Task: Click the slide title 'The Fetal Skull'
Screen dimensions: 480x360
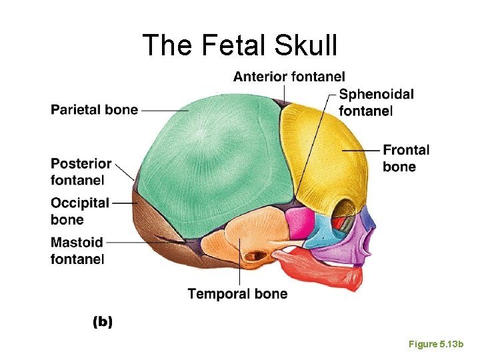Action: point(240,45)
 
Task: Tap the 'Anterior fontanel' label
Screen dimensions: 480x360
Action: point(289,77)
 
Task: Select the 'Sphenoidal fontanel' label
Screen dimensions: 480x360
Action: point(376,103)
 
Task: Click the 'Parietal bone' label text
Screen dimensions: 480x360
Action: point(94,110)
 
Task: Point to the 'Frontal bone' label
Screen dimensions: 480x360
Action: point(406,158)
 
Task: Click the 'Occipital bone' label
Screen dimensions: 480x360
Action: point(79,211)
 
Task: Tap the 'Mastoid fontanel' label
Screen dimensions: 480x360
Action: point(77,250)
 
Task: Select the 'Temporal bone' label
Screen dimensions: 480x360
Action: point(237,294)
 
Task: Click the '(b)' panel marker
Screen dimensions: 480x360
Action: point(102,322)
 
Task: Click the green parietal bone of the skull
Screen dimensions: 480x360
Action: point(213,160)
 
